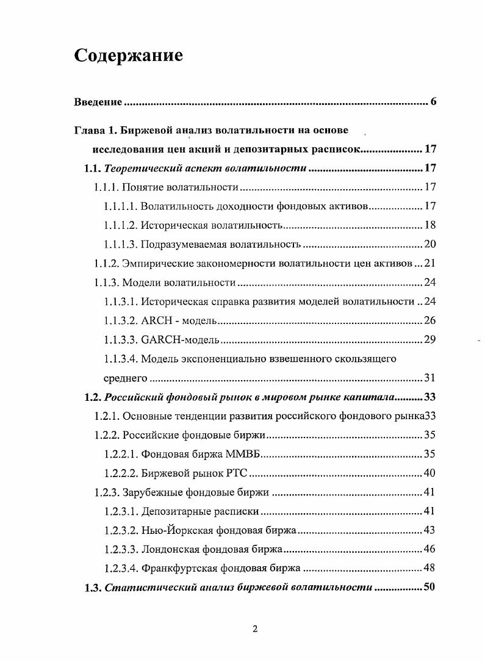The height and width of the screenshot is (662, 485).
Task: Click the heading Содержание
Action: click(x=128, y=56)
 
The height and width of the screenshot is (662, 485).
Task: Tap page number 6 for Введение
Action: click(x=433, y=101)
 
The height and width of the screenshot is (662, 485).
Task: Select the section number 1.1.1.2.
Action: click(x=120, y=226)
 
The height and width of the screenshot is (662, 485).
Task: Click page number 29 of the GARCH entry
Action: click(x=429, y=339)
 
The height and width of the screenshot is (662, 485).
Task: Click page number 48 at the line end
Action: click(x=429, y=568)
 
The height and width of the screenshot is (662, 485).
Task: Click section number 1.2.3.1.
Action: click(x=120, y=511)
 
